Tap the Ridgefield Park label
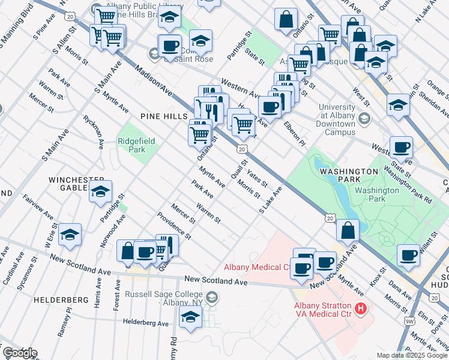[x=136, y=145]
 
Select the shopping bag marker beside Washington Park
[x=348, y=229]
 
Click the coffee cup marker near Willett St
[x=408, y=254]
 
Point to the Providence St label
[x=174, y=226]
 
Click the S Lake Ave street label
[x=270, y=200]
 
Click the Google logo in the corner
[x=20, y=353]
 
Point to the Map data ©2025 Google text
[x=411, y=355]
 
